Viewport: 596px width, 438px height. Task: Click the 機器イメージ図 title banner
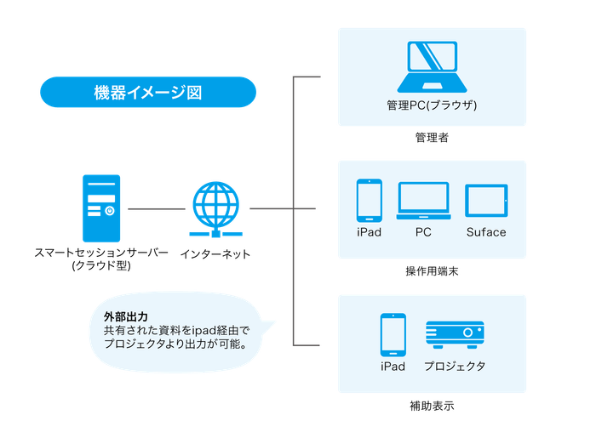click(x=147, y=92)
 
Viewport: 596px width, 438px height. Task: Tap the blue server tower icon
click(x=101, y=208)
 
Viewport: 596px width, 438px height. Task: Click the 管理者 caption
click(x=432, y=138)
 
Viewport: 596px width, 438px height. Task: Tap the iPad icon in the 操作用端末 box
click(x=370, y=201)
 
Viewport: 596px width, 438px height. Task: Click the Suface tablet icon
click(x=486, y=202)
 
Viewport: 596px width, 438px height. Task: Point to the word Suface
click(x=486, y=232)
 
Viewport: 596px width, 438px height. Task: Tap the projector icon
click(x=455, y=337)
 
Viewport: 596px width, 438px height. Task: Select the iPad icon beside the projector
click(x=393, y=336)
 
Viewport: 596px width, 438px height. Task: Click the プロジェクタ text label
click(x=455, y=367)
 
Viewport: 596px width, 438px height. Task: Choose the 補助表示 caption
click(x=432, y=407)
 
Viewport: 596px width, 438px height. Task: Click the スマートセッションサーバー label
click(x=101, y=253)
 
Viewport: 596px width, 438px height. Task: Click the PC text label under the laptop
click(x=423, y=232)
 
